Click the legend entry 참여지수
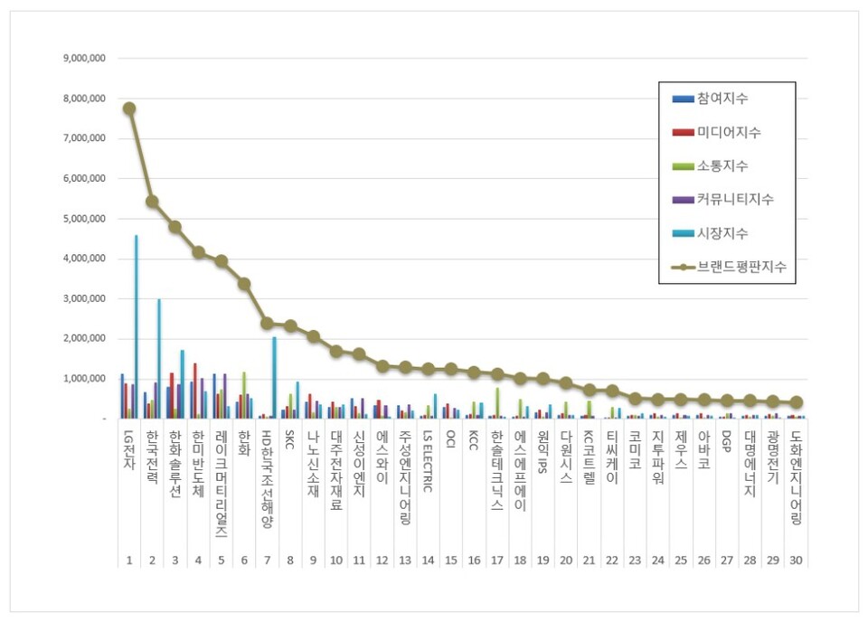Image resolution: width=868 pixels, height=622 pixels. [722, 99]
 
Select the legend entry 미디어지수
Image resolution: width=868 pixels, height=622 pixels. [728, 132]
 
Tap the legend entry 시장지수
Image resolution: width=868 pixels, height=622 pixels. [722, 233]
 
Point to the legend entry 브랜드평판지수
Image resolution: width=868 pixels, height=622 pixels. [740, 267]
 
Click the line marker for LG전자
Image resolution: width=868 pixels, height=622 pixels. [129, 108]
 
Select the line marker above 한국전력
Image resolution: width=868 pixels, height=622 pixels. [152, 202]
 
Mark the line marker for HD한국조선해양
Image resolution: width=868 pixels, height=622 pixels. [267, 323]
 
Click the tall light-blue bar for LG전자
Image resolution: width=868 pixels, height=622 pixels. [137, 326]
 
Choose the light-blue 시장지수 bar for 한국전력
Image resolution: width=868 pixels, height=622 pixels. [159, 359]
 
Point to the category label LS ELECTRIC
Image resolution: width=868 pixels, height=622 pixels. [428, 460]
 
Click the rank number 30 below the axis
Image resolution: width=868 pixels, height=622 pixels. [795, 561]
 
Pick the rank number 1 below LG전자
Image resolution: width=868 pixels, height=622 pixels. [129, 561]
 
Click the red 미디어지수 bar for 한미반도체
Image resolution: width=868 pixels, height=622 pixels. [194, 391]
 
